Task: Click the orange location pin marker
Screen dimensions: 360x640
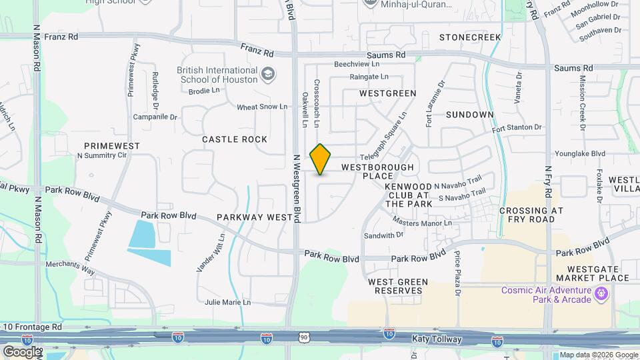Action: (321, 159)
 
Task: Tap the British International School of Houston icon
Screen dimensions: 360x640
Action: (268, 73)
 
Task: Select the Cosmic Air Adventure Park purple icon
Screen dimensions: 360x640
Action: (602, 293)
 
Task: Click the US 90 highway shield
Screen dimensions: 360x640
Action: (304, 339)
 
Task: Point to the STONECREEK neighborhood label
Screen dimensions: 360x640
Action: (469, 37)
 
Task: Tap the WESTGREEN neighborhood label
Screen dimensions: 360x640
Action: (387, 93)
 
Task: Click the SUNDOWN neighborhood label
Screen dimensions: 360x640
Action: (469, 115)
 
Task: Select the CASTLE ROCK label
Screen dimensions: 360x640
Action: (235, 139)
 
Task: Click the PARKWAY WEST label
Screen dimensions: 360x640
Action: (255, 217)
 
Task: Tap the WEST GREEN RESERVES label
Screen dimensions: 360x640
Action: (398, 287)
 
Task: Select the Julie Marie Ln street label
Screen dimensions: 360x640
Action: (227, 302)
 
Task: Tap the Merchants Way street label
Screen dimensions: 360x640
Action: (70, 265)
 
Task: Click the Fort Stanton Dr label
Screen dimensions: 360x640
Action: (517, 127)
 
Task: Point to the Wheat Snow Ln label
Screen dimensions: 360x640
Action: (262, 107)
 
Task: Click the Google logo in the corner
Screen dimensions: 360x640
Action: (21, 351)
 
